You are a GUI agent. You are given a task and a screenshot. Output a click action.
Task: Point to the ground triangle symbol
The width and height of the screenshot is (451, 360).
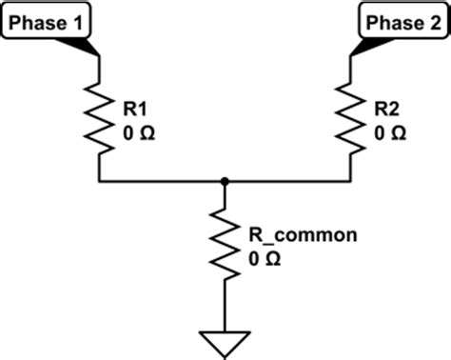(225, 341)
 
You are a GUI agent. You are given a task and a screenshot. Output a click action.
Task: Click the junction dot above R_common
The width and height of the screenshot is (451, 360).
(225, 179)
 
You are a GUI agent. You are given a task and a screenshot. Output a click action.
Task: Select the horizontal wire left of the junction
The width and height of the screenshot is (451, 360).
(162, 179)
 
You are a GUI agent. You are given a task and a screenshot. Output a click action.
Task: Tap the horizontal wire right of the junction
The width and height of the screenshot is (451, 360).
(285, 179)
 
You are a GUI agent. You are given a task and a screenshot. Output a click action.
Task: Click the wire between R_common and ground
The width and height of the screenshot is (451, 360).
(225, 305)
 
